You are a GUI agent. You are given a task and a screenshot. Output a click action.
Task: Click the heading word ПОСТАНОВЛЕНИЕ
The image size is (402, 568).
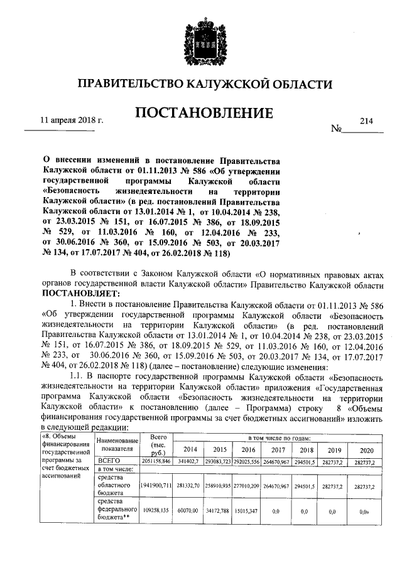coord(201,114)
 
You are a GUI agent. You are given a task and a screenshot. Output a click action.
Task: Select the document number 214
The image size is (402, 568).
coord(367,121)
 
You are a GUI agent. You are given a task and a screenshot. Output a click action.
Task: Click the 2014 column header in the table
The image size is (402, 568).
coord(189,449)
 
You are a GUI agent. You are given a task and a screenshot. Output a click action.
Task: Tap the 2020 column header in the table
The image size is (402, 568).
coord(364,449)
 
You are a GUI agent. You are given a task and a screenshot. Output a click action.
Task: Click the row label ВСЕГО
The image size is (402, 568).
coord(105,460)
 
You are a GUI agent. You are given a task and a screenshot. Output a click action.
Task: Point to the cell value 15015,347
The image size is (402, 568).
coord(246,512)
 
